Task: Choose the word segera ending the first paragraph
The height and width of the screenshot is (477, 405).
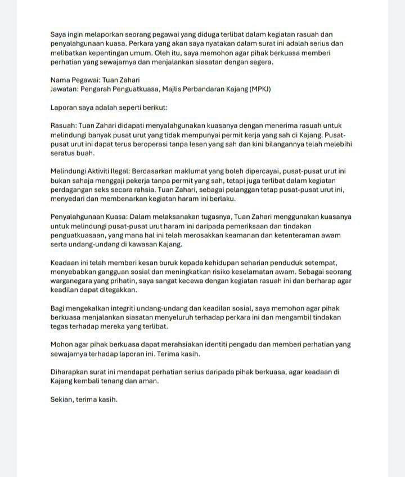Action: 260,62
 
